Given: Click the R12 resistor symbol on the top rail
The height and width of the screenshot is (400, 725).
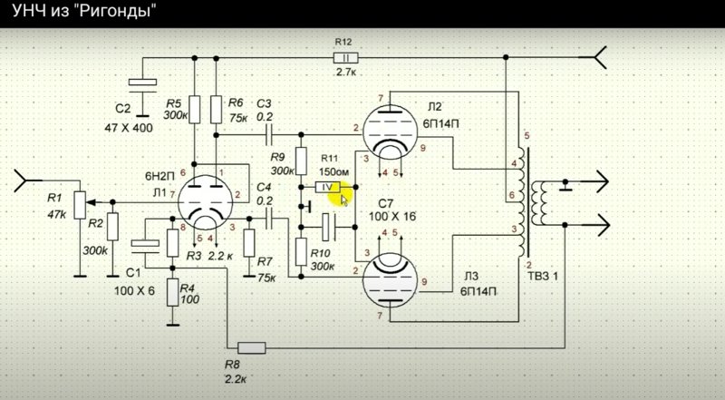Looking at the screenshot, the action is pyautogui.click(x=345, y=58).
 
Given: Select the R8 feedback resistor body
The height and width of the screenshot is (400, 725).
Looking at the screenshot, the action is pyautogui.click(x=252, y=347).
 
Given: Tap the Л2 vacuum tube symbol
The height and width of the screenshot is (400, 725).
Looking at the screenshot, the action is pyautogui.click(x=390, y=132).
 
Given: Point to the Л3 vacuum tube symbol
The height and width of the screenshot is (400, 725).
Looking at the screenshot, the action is pyautogui.click(x=390, y=280).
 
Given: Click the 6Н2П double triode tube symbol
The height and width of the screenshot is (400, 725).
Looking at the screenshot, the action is pyautogui.click(x=206, y=202).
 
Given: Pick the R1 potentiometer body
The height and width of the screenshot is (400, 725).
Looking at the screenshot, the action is pyautogui.click(x=80, y=205).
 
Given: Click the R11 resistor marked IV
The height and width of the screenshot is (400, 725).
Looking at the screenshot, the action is pyautogui.click(x=327, y=187).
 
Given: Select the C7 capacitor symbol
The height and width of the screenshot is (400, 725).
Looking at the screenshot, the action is pyautogui.click(x=329, y=227).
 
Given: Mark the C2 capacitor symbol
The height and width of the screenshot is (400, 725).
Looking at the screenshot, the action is pyautogui.click(x=142, y=86).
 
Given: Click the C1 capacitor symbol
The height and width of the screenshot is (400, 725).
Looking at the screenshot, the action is pyautogui.click(x=145, y=247).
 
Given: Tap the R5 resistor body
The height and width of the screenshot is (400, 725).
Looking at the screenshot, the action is pyautogui.click(x=195, y=110).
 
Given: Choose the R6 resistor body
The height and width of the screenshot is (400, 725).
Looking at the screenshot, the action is pyautogui.click(x=216, y=110).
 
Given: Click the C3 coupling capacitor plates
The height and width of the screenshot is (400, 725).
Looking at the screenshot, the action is pyautogui.click(x=269, y=135).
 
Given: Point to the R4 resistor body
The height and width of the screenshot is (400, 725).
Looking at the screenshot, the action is pyautogui.click(x=173, y=292).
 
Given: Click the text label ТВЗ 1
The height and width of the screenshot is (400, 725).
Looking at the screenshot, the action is pyautogui.click(x=543, y=277).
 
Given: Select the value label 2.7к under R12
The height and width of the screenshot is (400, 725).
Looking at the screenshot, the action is pyautogui.click(x=346, y=72).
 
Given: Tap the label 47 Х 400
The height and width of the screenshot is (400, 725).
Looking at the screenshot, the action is pyautogui.click(x=129, y=127).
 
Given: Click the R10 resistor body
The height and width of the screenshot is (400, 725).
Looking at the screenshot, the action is pyautogui.click(x=301, y=252).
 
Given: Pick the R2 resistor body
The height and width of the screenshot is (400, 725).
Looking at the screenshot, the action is pyautogui.click(x=112, y=227).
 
